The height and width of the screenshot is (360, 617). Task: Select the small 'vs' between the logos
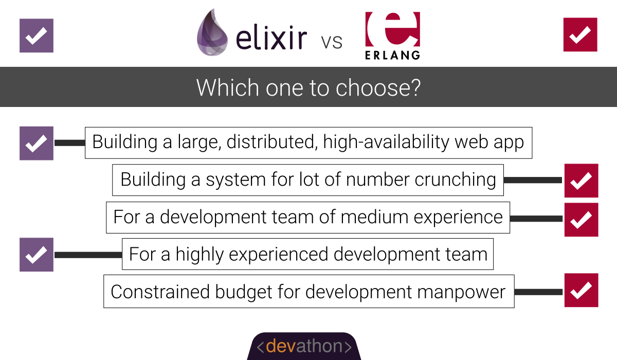[332, 42]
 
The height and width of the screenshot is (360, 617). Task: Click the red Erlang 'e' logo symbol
[392, 29]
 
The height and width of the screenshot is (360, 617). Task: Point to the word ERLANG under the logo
[392, 55]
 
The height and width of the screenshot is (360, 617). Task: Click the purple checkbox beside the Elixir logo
[37, 35]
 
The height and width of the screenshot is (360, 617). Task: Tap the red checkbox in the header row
[580, 34]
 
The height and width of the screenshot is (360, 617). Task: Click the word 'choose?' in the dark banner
[378, 87]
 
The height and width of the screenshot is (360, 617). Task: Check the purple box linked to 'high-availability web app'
[37, 143]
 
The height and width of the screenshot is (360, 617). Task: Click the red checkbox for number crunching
[582, 181]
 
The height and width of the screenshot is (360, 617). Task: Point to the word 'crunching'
[456, 179]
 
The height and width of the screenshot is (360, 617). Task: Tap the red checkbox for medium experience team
[582, 220]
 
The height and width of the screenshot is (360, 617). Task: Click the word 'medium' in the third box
[375, 217]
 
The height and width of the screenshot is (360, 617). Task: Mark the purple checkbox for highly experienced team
[37, 255]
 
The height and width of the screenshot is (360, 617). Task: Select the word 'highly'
[199, 255]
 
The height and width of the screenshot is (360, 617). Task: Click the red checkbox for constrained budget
[582, 290]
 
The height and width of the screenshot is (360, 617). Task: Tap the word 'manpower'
[461, 293]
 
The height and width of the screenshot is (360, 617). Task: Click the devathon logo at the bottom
[304, 346]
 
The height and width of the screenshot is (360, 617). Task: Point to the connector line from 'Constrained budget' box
[538, 292]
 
